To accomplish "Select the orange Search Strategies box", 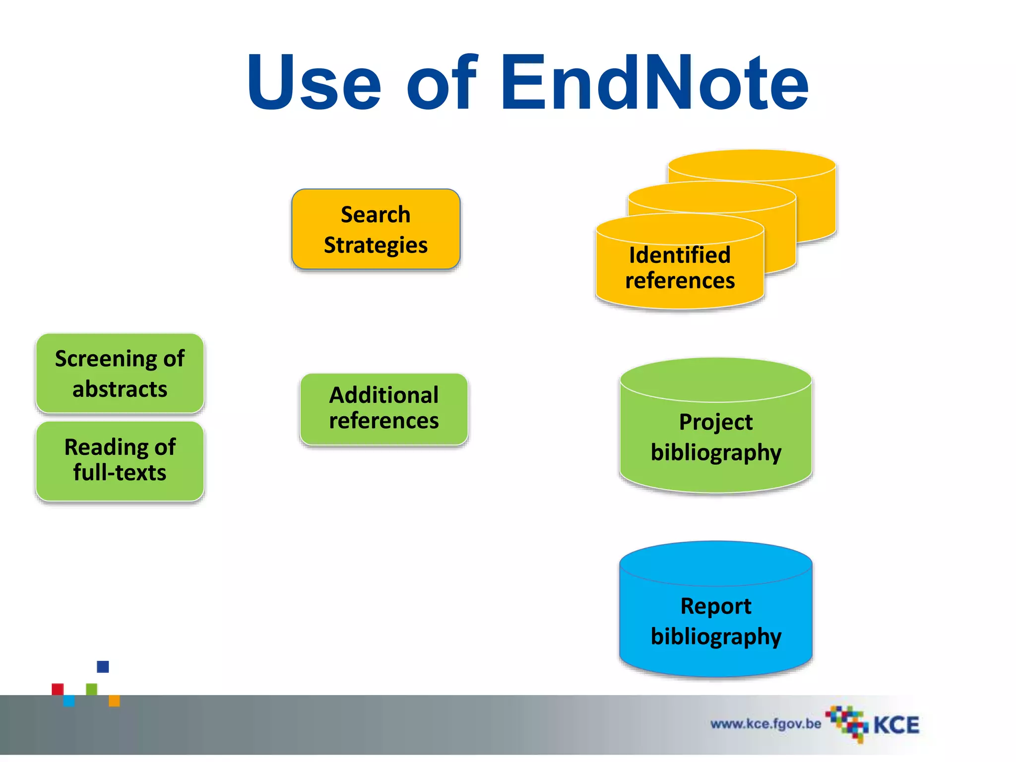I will [376, 229].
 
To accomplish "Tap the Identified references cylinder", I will [680, 268].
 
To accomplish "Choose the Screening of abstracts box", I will [120, 373].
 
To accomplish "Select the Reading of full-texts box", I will [120, 460].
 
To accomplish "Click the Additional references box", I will [383, 408].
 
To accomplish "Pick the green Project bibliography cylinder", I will [715, 437].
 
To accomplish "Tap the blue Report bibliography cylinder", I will [715, 620].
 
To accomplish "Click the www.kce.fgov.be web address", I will [765, 724].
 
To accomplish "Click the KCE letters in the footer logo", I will [896, 725].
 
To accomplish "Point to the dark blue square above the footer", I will [103, 666].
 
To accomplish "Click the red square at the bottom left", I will [58, 689].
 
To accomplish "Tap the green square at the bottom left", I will [92, 689].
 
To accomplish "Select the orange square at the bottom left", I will [114, 700].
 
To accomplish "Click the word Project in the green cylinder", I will [715, 422].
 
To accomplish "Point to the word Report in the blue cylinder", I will [715, 606].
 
